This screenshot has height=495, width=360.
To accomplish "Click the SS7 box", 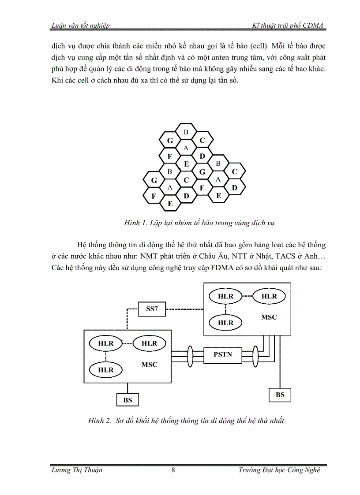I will coord(152,309).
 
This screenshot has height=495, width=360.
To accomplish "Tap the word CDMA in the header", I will coord(314,26).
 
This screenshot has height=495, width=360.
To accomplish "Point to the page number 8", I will coord(173,470).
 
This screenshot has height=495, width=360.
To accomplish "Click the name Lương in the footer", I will coord(61,470).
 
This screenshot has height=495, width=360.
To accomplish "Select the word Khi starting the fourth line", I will coord(57,82).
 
